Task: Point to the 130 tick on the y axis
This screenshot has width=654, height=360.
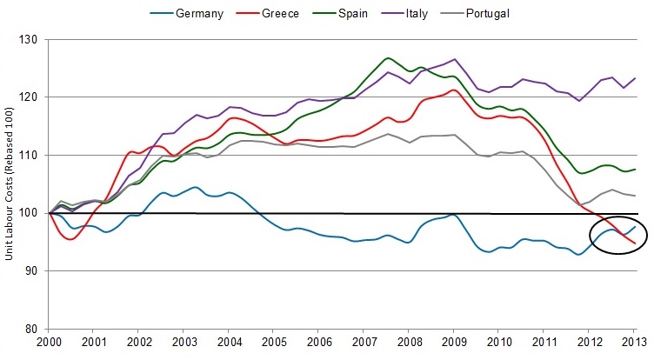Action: click(35, 40)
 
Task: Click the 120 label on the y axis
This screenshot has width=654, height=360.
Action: click(35, 97)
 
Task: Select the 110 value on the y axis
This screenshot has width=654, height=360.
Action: click(35, 156)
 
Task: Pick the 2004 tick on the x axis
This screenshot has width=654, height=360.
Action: click(230, 344)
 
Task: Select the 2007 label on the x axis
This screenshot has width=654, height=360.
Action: click(364, 344)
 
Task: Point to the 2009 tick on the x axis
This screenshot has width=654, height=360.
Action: click(453, 344)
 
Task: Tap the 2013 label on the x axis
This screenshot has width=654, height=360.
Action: click(632, 344)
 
